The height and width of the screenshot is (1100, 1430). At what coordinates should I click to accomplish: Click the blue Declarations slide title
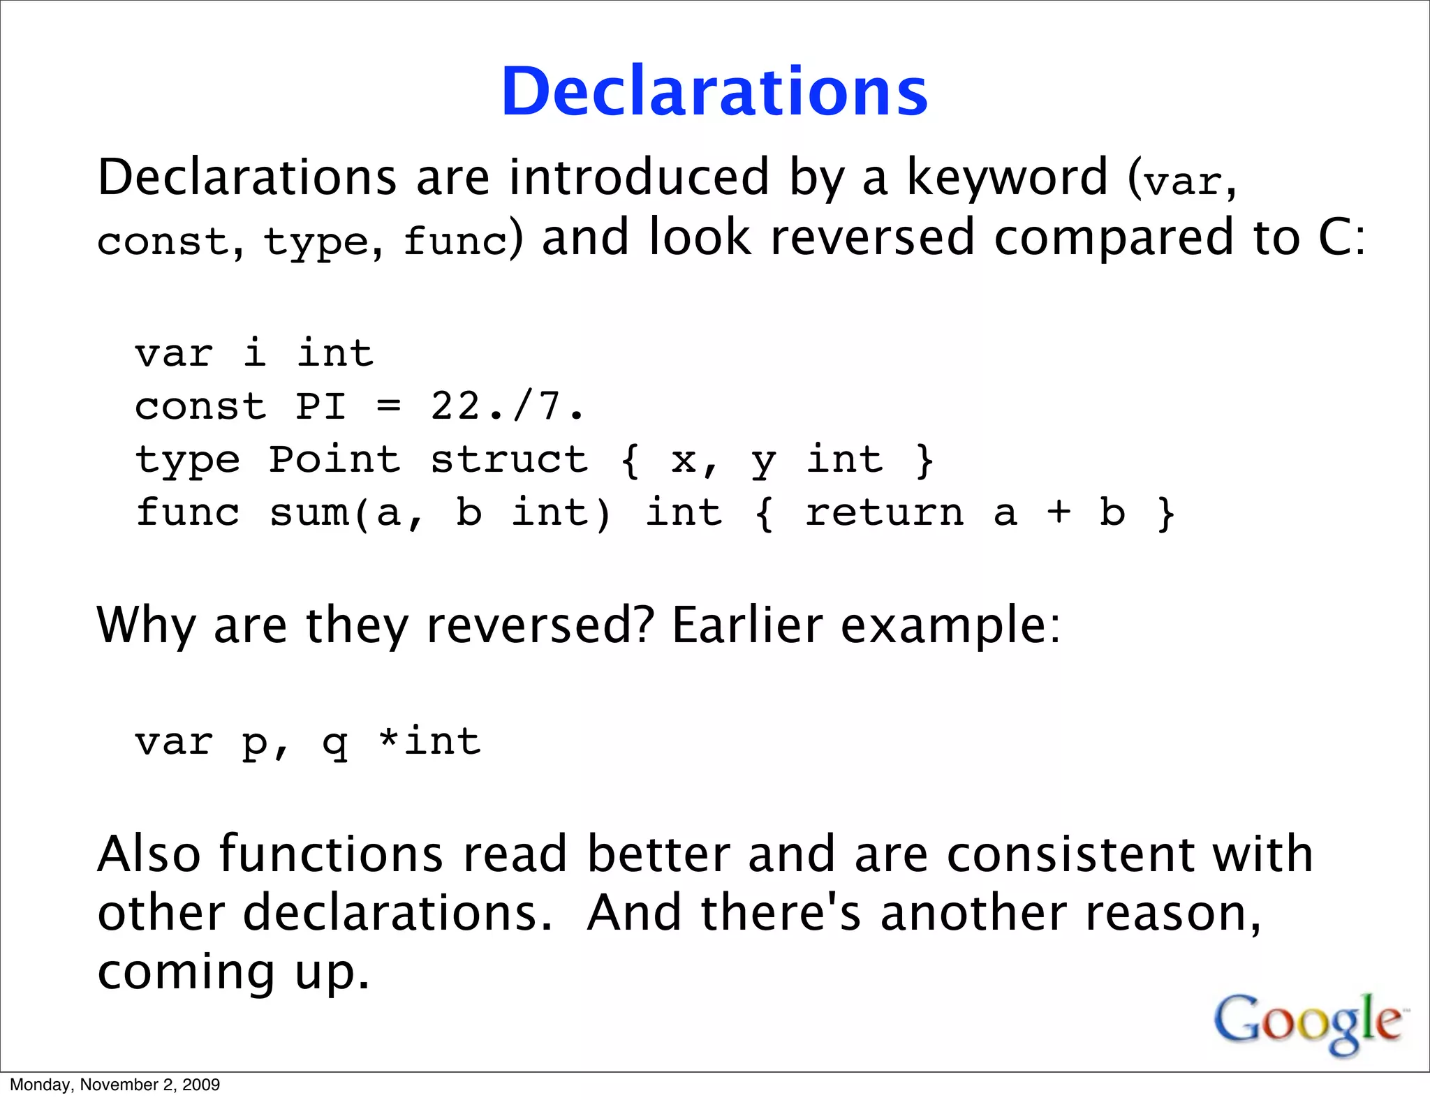coord(714,92)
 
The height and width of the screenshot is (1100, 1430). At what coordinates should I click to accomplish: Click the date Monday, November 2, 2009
coord(115,1085)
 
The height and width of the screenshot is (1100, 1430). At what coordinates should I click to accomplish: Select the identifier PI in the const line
coord(320,406)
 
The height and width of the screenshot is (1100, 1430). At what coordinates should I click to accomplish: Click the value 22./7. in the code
coord(507,406)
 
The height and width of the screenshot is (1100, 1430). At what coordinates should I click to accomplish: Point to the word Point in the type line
coord(334,460)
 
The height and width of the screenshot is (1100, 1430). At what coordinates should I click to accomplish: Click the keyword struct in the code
coord(509,460)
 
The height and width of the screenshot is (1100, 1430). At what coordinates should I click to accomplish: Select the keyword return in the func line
coord(885,513)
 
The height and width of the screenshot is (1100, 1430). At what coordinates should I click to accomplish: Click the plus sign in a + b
coord(1059,513)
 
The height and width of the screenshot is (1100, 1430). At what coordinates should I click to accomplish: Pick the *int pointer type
coord(429,741)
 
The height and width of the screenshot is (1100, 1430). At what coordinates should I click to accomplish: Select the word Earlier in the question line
coord(747,625)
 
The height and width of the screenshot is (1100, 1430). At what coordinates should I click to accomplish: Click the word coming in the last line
coord(186,973)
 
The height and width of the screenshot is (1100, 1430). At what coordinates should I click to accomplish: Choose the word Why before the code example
coord(146,625)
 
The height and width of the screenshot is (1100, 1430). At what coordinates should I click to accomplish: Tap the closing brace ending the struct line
coord(924,460)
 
